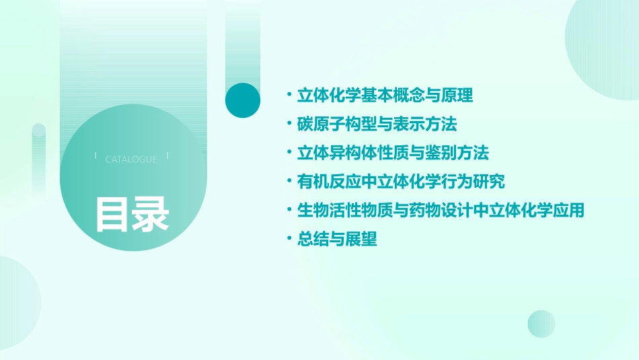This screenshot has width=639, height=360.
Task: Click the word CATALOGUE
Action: coord(131,159)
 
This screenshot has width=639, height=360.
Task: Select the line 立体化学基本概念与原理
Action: coord(385,96)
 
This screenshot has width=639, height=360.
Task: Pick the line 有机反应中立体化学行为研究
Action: coord(401,182)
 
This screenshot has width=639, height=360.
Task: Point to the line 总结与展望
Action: coord(337,239)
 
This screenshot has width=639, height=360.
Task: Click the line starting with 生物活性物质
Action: coord(441,211)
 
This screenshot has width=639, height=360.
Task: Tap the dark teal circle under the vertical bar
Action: coord(243,100)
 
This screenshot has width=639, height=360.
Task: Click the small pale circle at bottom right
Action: coord(541,324)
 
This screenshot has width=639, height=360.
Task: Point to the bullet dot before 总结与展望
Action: coord(289,239)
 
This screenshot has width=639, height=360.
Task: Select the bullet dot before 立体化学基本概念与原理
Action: coord(289,96)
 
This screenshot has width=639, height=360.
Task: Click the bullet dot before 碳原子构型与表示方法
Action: coord(289,124)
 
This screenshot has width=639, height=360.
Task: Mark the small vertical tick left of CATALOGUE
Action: coord(96,156)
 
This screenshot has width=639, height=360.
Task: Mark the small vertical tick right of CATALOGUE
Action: coord(167,156)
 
